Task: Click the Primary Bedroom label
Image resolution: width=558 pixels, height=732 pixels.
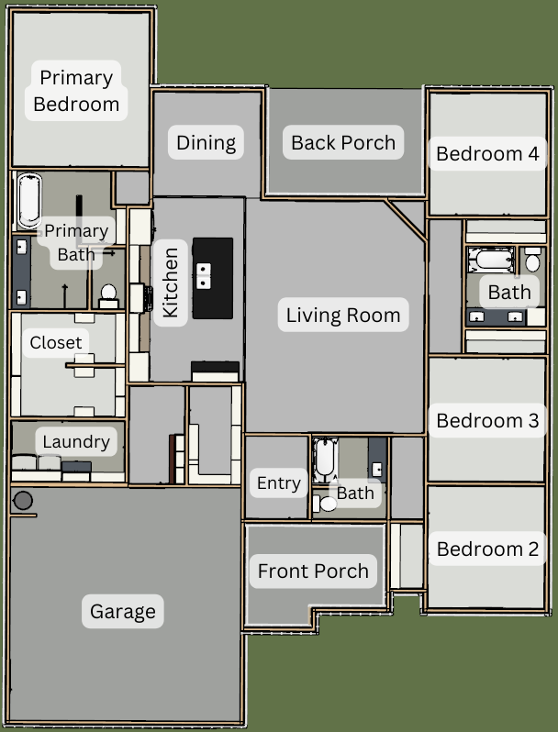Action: [76, 91]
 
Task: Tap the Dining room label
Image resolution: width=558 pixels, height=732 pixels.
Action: [206, 142]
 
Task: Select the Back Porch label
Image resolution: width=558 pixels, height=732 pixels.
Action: [343, 142]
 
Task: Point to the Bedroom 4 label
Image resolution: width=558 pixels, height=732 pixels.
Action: [487, 153]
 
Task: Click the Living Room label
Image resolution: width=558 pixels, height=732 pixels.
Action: [343, 316]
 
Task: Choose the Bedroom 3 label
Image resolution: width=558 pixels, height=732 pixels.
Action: [487, 421]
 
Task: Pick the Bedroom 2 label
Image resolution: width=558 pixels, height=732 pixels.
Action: [487, 549]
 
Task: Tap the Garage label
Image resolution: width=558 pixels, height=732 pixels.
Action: [123, 612]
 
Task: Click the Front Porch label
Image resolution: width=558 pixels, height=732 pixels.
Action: [313, 571]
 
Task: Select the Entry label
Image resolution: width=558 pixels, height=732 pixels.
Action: [279, 483]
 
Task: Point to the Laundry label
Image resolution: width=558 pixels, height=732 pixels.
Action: [76, 441]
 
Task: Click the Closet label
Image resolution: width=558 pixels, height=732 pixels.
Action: [56, 342]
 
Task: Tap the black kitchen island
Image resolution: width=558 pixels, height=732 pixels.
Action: [213, 278]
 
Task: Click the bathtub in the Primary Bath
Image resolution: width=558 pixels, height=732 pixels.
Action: [29, 200]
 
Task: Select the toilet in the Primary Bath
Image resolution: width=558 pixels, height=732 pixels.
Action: [108, 296]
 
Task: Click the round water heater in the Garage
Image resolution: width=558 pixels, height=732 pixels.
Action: [23, 501]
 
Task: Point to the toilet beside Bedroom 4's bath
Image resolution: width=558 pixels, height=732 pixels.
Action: [532, 260]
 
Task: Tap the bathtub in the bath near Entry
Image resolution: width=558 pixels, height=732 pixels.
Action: [325, 459]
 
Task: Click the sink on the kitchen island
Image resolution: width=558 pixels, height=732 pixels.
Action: [203, 276]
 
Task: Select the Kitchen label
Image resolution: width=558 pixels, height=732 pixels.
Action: [170, 283]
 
